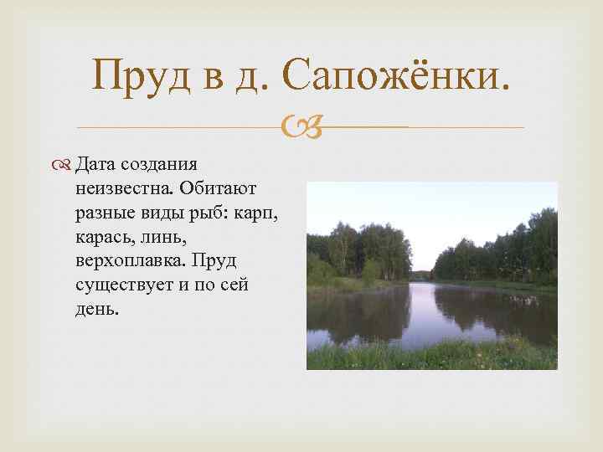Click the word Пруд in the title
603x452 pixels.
142,76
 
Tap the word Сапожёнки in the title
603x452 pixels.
394,76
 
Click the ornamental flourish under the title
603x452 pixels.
301,128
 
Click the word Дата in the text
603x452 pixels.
95,162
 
